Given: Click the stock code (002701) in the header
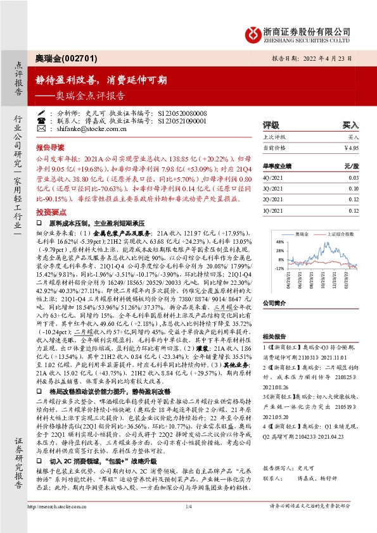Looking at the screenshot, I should pyautogui.click(x=80, y=58).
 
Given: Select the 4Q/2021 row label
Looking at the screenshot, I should pyautogui.click(x=272, y=179).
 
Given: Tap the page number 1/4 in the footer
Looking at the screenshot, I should pyautogui.click(x=188, y=524).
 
